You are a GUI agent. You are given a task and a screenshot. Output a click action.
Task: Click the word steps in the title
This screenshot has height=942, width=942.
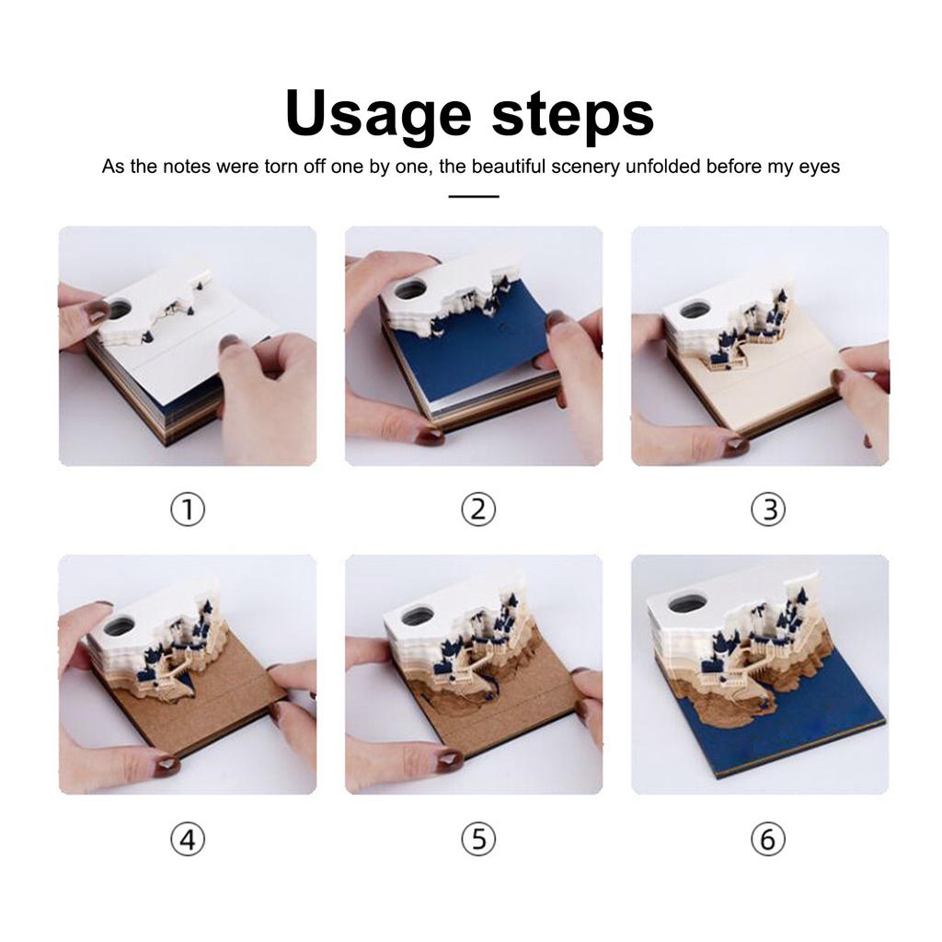tap(572, 114)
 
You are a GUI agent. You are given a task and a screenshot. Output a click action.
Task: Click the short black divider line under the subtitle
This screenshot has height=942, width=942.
tap(474, 197)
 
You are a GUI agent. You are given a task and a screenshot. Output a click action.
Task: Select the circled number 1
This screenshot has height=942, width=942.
tap(188, 510)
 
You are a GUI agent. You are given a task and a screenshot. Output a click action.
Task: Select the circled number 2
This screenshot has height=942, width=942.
tap(478, 510)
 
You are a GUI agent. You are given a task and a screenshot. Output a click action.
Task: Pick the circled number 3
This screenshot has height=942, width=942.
tap(768, 510)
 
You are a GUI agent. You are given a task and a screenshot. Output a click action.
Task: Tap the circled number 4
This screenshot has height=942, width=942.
tap(188, 839)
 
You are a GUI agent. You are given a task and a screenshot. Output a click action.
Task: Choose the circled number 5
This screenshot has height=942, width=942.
tap(478, 839)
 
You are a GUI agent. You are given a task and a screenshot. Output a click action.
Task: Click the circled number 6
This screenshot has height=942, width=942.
tap(768, 839)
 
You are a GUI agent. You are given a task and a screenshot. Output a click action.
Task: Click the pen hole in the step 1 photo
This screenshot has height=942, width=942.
tap(118, 309)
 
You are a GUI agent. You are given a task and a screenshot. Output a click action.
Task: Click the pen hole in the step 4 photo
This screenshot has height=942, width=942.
tap(119, 626)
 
